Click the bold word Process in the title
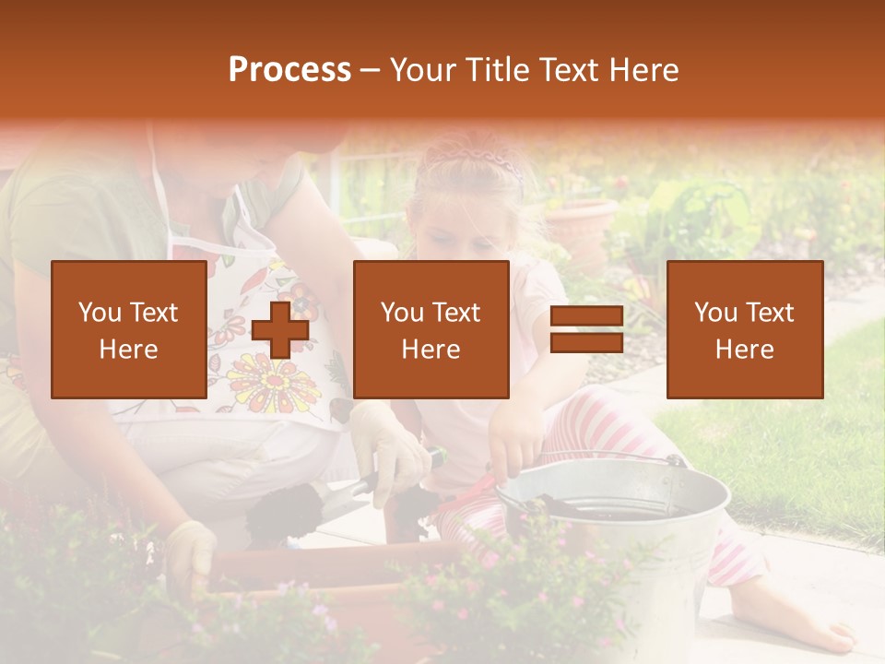pyautogui.click(x=289, y=70)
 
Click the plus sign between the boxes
pyautogui.click(x=279, y=330)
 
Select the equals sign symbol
pyautogui.click(x=586, y=330)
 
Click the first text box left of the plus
pyautogui.click(x=128, y=329)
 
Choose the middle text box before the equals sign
pyautogui.click(x=431, y=329)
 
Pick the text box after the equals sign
pyautogui.click(x=744, y=329)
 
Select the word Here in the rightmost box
pyautogui.click(x=744, y=350)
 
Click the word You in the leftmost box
pyautogui.click(x=99, y=312)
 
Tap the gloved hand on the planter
pyautogui.click(x=192, y=553)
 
